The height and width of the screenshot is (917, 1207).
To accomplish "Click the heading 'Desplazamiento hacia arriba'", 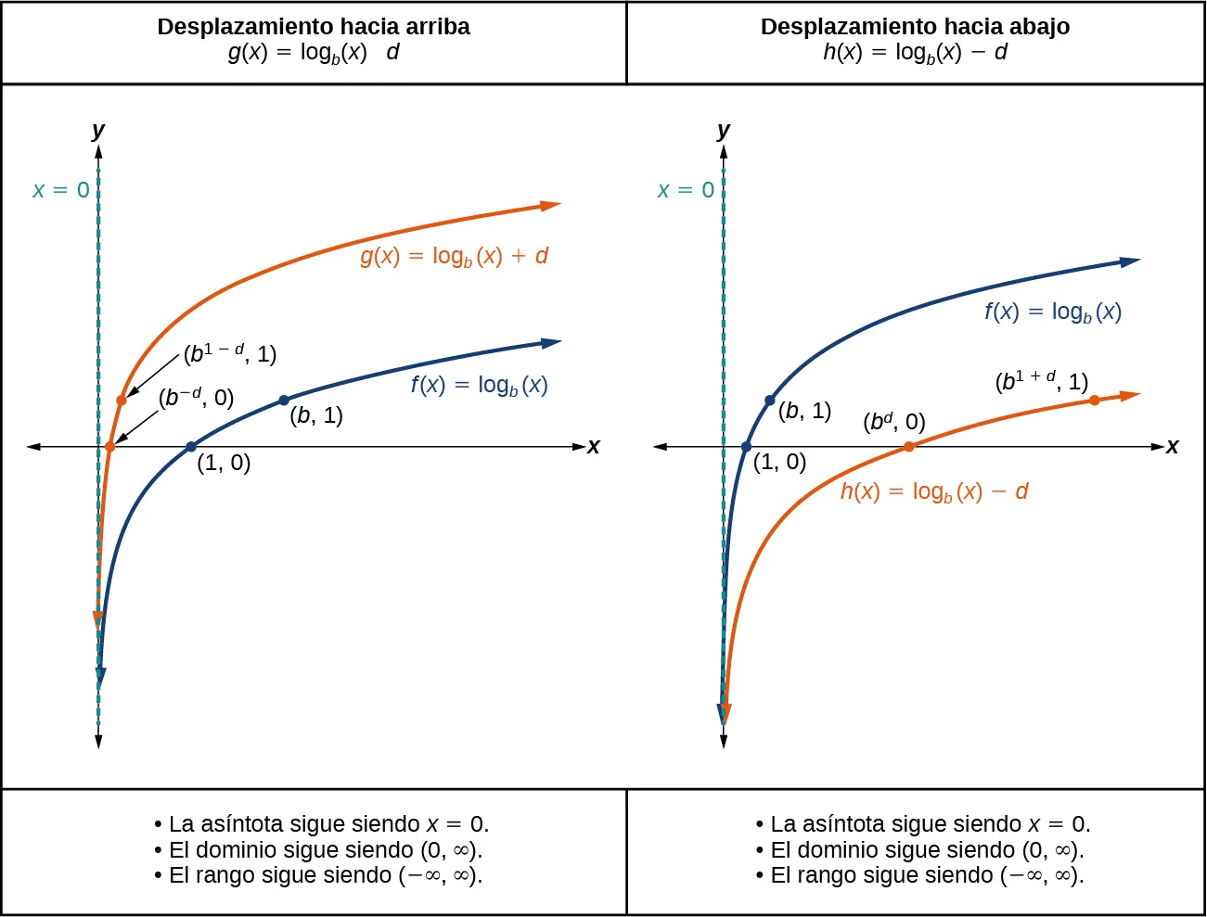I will (314, 27).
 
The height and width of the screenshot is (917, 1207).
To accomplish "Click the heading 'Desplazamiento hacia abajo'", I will (915, 27).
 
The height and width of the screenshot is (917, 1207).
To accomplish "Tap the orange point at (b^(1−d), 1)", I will (122, 401).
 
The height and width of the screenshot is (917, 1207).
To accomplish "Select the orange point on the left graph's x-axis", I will (109, 447).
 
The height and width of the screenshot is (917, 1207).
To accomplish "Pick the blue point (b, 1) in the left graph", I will (284, 401).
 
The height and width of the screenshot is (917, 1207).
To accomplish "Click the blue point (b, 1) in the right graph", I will (769, 401).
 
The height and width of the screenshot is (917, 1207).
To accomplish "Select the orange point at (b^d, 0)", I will (908, 447).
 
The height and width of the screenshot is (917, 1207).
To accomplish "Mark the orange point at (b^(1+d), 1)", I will (1095, 401).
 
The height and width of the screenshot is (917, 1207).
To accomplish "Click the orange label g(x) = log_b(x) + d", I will (454, 256).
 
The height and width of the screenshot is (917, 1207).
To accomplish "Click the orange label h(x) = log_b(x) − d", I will (934, 491).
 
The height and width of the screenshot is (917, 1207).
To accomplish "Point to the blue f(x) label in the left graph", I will (479, 385).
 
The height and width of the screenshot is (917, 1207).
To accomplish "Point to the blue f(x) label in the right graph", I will (1053, 312).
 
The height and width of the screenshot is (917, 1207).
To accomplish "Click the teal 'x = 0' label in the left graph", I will (61, 190).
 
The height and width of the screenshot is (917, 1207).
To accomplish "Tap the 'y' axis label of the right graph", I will (724, 130).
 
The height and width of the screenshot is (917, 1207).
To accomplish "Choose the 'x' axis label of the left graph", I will (594, 447).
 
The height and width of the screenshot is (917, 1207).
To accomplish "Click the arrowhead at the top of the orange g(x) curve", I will (551, 205).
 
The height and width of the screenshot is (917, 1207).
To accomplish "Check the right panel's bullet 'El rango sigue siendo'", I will (920, 875).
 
